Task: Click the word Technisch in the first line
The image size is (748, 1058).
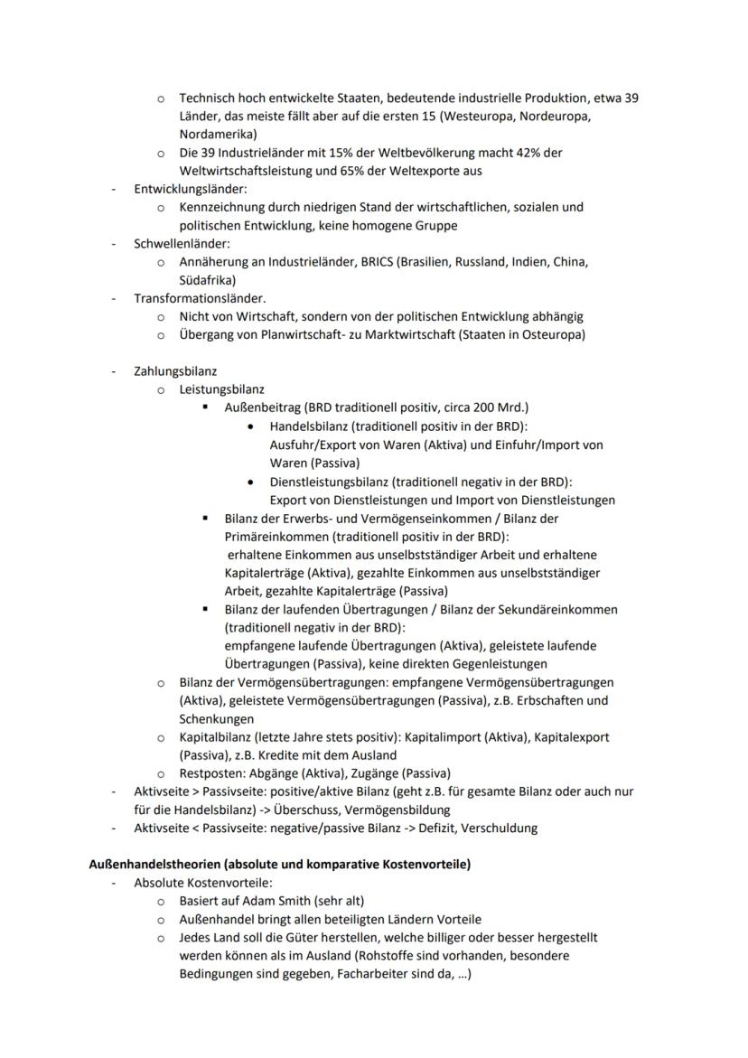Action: pyautogui.click(x=208, y=98)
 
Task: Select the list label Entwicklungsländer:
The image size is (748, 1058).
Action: pyautogui.click(x=191, y=189)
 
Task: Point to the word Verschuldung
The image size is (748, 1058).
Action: pyautogui.click(x=500, y=829)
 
